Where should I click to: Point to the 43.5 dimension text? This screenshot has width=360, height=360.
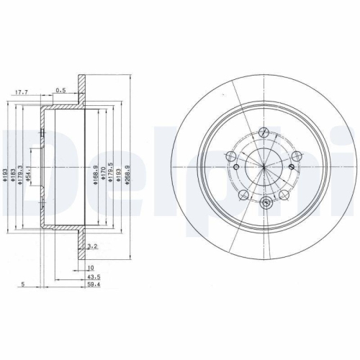(94, 276)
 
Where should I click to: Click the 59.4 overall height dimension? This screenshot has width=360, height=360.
(94, 285)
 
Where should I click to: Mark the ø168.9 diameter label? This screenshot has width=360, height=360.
(96, 173)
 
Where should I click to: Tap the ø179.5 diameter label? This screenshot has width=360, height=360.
(112, 173)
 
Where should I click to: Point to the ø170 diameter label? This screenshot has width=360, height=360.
(104, 173)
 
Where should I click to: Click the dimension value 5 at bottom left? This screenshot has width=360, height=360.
(24, 285)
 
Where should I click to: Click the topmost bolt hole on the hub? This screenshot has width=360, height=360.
(264, 131)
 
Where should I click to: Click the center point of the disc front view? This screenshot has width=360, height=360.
(264, 168)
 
